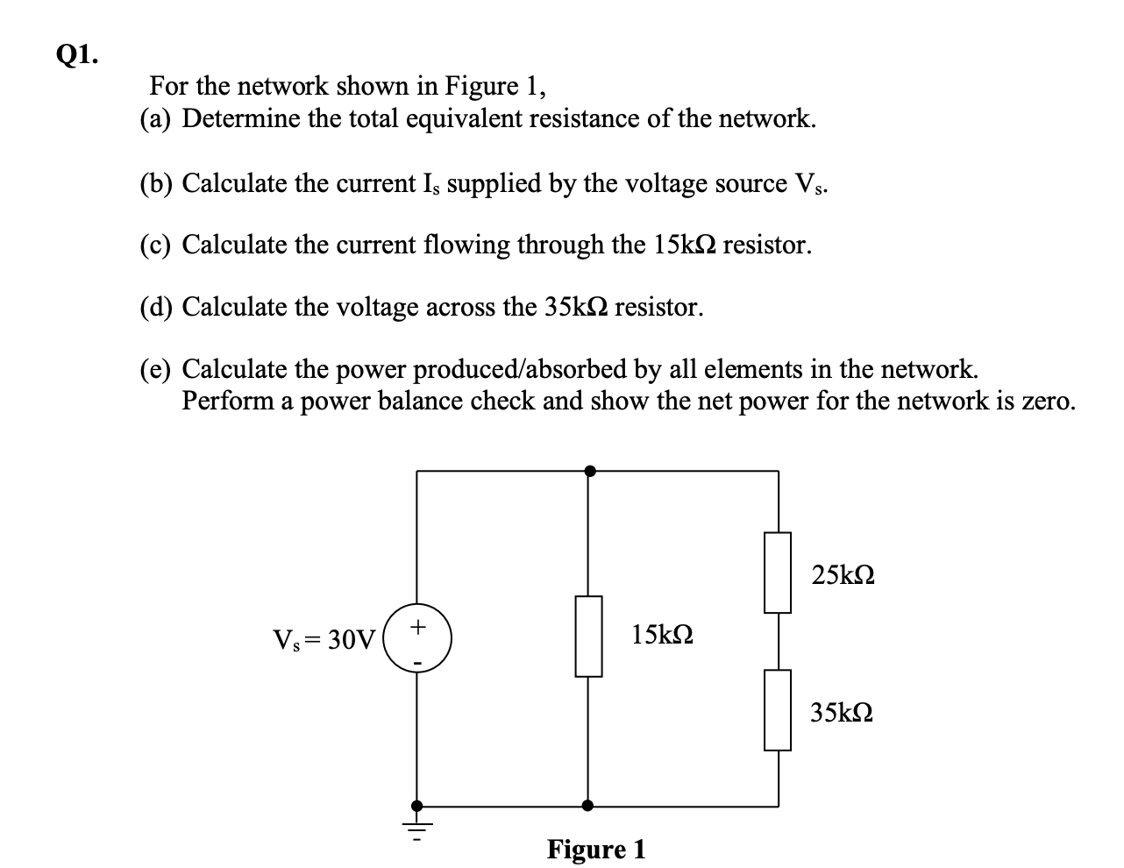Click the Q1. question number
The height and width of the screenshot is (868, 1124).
[x=77, y=56]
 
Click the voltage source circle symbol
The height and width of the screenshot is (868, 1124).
[x=417, y=637]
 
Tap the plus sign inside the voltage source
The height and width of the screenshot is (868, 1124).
[x=419, y=627]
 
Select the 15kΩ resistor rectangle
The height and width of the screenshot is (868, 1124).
[x=588, y=636]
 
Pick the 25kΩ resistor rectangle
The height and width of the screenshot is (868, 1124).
[x=778, y=572]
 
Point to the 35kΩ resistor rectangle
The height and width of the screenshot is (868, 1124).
[x=778, y=709]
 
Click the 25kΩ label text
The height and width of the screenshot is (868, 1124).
[x=843, y=576]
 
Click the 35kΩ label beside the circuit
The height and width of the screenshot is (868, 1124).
[x=842, y=712]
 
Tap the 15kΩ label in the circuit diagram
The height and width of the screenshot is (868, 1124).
[x=662, y=634]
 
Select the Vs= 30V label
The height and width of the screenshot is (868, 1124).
[x=324, y=640]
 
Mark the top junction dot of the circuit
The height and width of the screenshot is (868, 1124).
[x=590, y=471]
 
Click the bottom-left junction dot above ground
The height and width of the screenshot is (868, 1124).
[x=417, y=805]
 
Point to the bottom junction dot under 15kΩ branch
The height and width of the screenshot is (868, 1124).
[x=587, y=805]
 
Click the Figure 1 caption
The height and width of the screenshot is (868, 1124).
[x=596, y=850]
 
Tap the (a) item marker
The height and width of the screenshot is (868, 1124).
[x=157, y=118]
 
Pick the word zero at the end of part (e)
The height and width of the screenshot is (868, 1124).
[x=1047, y=402]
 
